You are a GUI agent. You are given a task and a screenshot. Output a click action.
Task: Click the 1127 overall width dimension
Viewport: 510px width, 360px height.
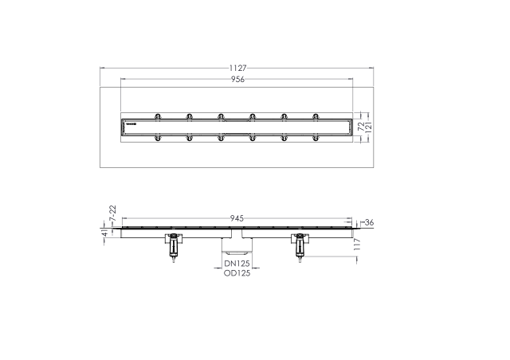coord(237,68)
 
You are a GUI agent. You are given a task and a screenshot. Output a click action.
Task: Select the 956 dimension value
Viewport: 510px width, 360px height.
coord(237,79)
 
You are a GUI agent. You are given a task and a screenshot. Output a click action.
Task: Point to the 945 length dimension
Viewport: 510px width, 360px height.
coord(237,218)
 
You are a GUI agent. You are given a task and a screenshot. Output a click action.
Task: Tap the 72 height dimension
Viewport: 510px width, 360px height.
coord(361,127)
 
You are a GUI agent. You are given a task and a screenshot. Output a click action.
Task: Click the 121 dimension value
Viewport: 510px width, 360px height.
coord(368,127)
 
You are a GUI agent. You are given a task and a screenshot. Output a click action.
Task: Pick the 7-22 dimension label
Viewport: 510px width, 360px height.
coord(112,213)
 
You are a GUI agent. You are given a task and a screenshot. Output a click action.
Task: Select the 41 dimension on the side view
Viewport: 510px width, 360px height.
coord(104,233)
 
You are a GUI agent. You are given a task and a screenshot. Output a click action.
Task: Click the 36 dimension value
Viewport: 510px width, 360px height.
coord(369,223)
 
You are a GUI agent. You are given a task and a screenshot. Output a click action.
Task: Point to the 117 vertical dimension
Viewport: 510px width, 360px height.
coord(357,244)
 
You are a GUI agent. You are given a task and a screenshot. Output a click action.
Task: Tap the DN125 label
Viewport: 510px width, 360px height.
coord(237,264)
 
